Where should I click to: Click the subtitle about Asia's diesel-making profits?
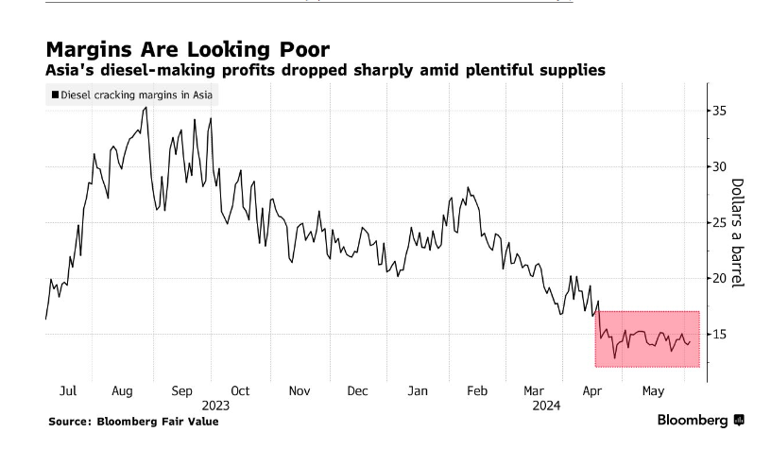[326, 71]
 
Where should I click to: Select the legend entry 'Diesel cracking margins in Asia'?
[132, 95]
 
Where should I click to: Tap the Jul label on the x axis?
[67, 390]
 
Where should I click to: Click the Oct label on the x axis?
[240, 390]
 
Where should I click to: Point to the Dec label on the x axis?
[357, 390]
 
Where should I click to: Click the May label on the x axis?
[652, 390]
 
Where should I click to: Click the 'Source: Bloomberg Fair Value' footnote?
[133, 422]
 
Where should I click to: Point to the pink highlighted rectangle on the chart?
[647, 338]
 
